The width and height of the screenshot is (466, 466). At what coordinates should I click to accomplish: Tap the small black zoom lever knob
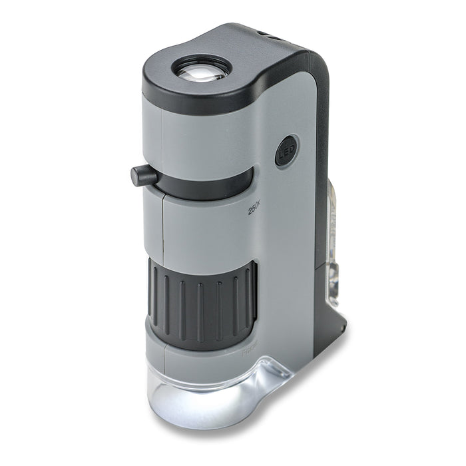pos(142,176)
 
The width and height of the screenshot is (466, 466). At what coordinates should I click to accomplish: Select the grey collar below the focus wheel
pos(200,352)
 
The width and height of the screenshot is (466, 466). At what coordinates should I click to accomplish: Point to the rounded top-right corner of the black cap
pos(313,57)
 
